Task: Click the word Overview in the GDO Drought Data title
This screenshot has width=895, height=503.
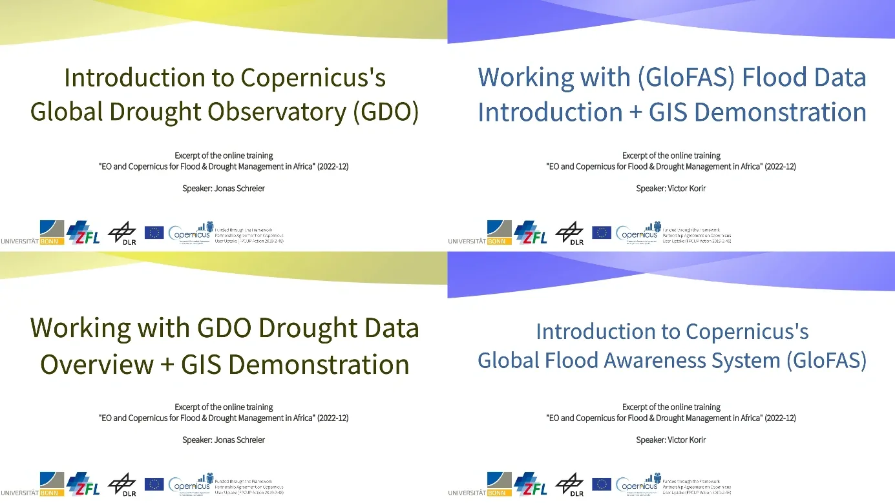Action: coord(94,364)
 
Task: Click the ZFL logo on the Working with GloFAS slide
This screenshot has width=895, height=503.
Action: coord(530,232)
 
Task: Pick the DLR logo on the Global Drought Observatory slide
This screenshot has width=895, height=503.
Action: coord(121,233)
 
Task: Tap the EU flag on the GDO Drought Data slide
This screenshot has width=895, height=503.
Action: coord(154,484)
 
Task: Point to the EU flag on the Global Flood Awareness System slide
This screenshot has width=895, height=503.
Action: coord(602,484)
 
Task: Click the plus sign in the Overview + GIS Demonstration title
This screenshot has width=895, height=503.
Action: coord(166,365)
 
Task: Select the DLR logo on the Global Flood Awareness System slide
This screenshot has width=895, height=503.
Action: coord(569,484)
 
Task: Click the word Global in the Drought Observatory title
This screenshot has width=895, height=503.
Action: coord(67,112)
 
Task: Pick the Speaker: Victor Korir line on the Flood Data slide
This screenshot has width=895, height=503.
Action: coord(671,189)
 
